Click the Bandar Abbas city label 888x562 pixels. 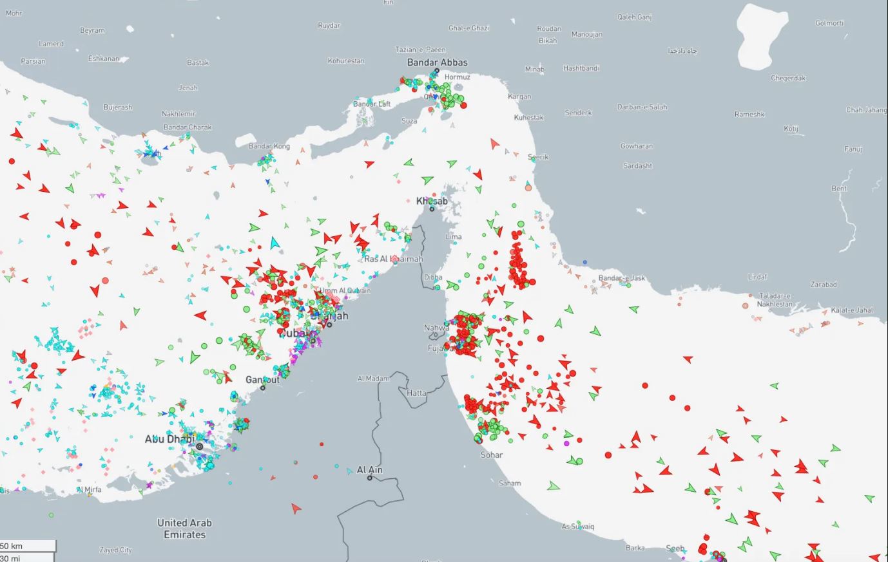click(x=437, y=62)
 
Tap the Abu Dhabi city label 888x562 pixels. click(x=169, y=439)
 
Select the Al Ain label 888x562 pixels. click(x=370, y=470)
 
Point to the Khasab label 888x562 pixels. click(x=432, y=201)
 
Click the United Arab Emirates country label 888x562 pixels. click(x=184, y=529)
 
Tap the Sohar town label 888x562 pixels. click(x=492, y=454)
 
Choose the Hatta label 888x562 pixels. click(x=416, y=393)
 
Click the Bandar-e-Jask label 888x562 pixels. click(x=621, y=278)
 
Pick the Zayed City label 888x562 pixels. click(x=115, y=550)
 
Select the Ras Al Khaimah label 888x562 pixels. click(x=393, y=259)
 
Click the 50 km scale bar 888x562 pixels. click(x=27, y=546)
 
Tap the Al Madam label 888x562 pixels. click(x=373, y=379)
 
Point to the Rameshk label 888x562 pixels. click(x=749, y=114)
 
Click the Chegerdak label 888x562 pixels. click(x=788, y=78)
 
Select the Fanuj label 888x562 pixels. click(x=853, y=149)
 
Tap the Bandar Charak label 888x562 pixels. click(x=187, y=127)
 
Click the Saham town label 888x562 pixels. click(x=510, y=483)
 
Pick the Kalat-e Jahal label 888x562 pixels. click(x=852, y=310)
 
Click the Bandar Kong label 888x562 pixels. click(x=269, y=146)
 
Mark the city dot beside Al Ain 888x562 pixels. click(x=370, y=478)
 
